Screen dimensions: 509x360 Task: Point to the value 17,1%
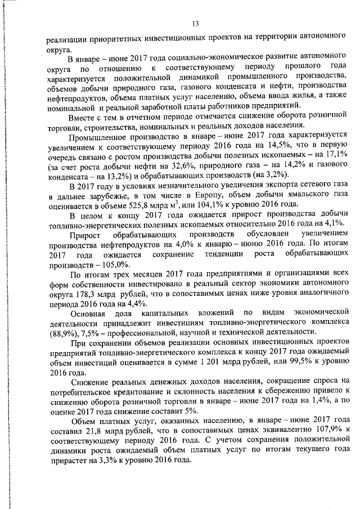pos(333,156)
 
